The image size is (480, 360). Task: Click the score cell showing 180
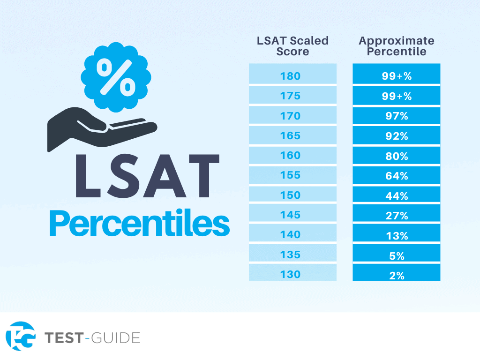tap(292, 75)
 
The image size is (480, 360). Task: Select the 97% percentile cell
tap(396, 116)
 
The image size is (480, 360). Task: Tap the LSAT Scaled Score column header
tap(292, 46)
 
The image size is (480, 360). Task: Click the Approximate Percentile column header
tap(396, 46)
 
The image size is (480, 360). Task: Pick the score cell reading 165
tap(292, 135)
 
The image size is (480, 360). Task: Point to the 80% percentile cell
tap(396, 156)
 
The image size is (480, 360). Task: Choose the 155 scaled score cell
tap(292, 175)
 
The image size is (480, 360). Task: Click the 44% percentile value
tap(396, 195)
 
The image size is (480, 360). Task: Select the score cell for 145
tap(292, 215)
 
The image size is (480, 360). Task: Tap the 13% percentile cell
tap(396, 235)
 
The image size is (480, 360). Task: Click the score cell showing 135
tap(292, 255)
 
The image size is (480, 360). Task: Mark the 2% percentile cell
tap(396, 275)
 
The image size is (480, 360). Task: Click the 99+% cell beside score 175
tap(396, 96)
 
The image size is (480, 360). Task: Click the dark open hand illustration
tap(94, 129)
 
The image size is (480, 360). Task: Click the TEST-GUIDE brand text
tap(92, 337)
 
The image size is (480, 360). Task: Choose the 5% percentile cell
tap(396, 255)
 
